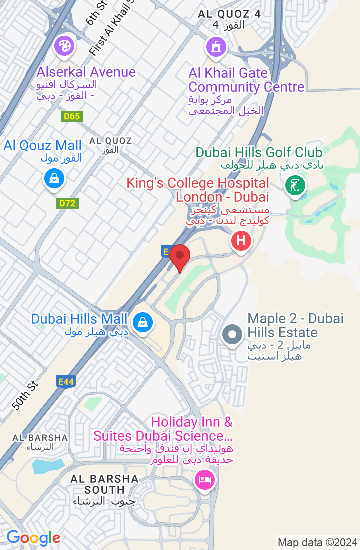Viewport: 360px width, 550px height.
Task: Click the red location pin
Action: pos(180,257)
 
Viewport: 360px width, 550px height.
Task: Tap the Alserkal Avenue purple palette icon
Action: pos(64,47)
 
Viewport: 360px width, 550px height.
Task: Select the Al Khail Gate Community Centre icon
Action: pos(216,47)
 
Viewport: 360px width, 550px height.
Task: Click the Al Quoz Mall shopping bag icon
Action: pos(54,178)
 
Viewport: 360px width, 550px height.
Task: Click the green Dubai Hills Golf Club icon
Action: pos(295,186)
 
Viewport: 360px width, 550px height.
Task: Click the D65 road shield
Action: pos(72,116)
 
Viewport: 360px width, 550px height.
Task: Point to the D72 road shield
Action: pos(68,203)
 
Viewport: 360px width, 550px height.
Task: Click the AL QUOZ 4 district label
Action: pos(229,14)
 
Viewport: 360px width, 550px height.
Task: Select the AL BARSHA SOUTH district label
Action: pos(104,484)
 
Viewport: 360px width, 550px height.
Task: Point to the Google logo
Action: pos(33,538)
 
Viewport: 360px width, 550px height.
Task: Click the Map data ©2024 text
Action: pos(317,542)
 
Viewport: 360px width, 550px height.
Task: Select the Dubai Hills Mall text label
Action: pos(80,319)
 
